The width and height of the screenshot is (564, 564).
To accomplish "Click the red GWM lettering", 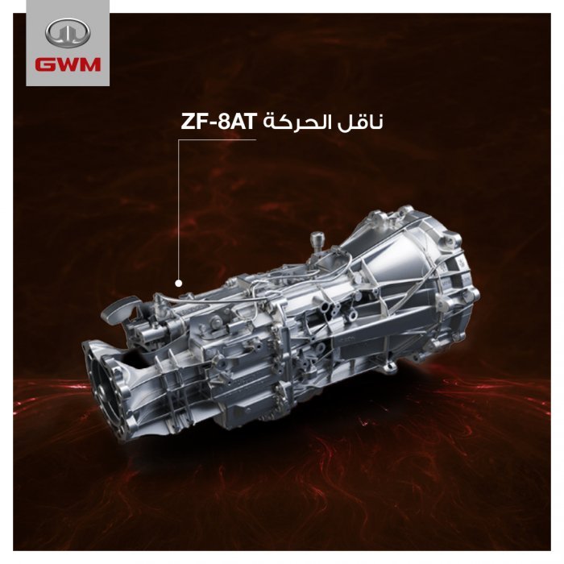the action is pyautogui.click(x=68, y=64).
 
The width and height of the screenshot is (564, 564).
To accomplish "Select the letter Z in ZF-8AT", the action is pyautogui.click(x=187, y=122).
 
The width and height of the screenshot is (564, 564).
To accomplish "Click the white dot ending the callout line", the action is pyautogui.click(x=178, y=283).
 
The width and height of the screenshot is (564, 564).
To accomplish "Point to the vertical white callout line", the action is pyautogui.click(x=178, y=209).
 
